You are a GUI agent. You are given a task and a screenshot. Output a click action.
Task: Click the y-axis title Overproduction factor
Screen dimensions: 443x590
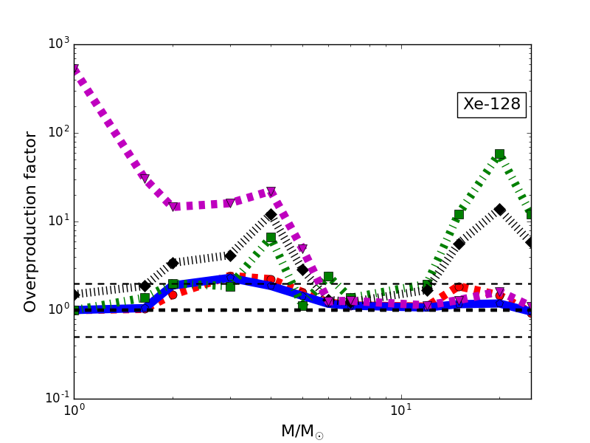pos(31,221)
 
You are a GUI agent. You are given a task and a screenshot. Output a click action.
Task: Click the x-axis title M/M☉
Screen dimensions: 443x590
pos(302,432)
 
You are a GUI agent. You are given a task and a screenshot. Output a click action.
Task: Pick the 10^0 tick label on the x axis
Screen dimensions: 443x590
pos(74,411)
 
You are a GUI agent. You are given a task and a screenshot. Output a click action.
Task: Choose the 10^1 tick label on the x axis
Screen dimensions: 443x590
pos(400,411)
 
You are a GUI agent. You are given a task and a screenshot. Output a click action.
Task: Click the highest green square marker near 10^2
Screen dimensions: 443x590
pos(499,154)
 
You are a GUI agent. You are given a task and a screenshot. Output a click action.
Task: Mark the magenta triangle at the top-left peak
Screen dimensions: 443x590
pos(74,69)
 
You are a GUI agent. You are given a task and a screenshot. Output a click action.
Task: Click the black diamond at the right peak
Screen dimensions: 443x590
pos(499,210)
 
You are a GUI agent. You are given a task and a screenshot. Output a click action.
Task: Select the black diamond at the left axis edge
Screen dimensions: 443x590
pos(74,295)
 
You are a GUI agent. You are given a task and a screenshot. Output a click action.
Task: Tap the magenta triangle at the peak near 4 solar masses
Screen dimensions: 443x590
pos(271,192)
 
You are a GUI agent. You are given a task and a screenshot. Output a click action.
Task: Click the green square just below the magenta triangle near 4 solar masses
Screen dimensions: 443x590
pos(271,238)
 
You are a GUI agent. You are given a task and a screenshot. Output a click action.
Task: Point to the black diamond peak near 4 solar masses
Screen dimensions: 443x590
pos(271,215)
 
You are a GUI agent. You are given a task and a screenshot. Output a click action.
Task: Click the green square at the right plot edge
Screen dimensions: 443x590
pos(530,213)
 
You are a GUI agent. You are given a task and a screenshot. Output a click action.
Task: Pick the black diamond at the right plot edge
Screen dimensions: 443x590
pos(530,242)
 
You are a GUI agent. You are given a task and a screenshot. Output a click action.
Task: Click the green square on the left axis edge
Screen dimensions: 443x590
pos(74,310)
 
